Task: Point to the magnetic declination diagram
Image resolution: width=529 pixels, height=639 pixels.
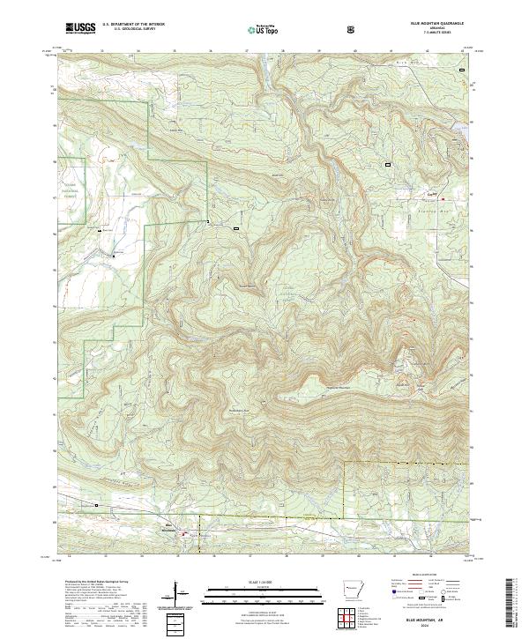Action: pyautogui.click(x=176, y=593)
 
